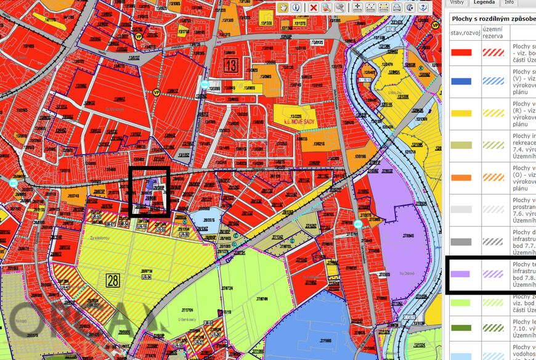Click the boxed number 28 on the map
(112, 281)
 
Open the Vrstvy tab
(457, 2)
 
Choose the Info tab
(509, 2)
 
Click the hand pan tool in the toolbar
(283, 7)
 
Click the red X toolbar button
(313, 7)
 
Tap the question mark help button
(424, 7)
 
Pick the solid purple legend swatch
(461, 274)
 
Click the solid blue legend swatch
(461, 81)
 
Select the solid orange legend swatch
(461, 178)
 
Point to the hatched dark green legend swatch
(492, 328)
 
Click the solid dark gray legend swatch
(461, 242)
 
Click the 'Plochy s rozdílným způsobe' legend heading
(491, 18)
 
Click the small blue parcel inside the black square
(153, 184)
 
